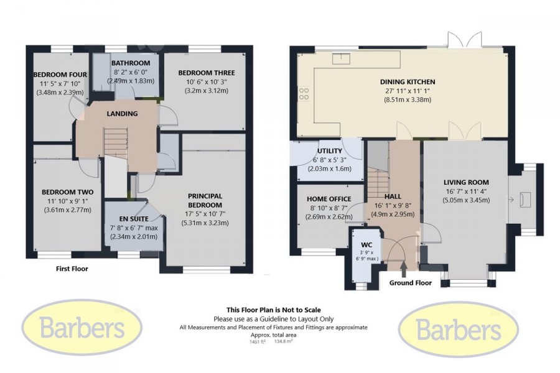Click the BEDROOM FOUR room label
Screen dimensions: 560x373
pyautogui.click(x=60, y=75)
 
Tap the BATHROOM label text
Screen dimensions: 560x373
pyautogui.click(x=131, y=63)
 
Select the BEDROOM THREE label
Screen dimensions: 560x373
pyautogui.click(x=207, y=73)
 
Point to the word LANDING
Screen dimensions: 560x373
pyautogui.click(x=122, y=114)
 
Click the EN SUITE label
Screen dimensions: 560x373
pyautogui.click(x=134, y=219)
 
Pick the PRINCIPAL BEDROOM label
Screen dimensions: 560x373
pyautogui.click(x=205, y=201)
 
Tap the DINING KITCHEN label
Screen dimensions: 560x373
pyautogui.click(x=408, y=81)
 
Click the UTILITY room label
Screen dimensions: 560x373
pyautogui.click(x=330, y=151)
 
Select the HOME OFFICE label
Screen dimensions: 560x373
pyautogui.click(x=329, y=199)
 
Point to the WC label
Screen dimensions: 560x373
pyautogui.click(x=366, y=245)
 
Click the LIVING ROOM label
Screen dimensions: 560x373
pyautogui.click(x=466, y=182)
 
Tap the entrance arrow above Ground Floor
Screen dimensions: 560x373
pyautogui.click(x=404, y=269)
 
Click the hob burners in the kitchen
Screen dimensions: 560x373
pyautogui.click(x=304, y=94)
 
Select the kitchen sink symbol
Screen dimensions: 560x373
pyautogui.click(x=342, y=58)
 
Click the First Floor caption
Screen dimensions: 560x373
pyautogui.click(x=72, y=269)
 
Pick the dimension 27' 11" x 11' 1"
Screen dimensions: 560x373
pyautogui.click(x=408, y=91)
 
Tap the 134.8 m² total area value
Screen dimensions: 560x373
pyautogui.click(x=284, y=341)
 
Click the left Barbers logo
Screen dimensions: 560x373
pyautogui.click(x=82, y=327)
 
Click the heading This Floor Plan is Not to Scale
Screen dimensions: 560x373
pyautogui.click(x=274, y=310)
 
